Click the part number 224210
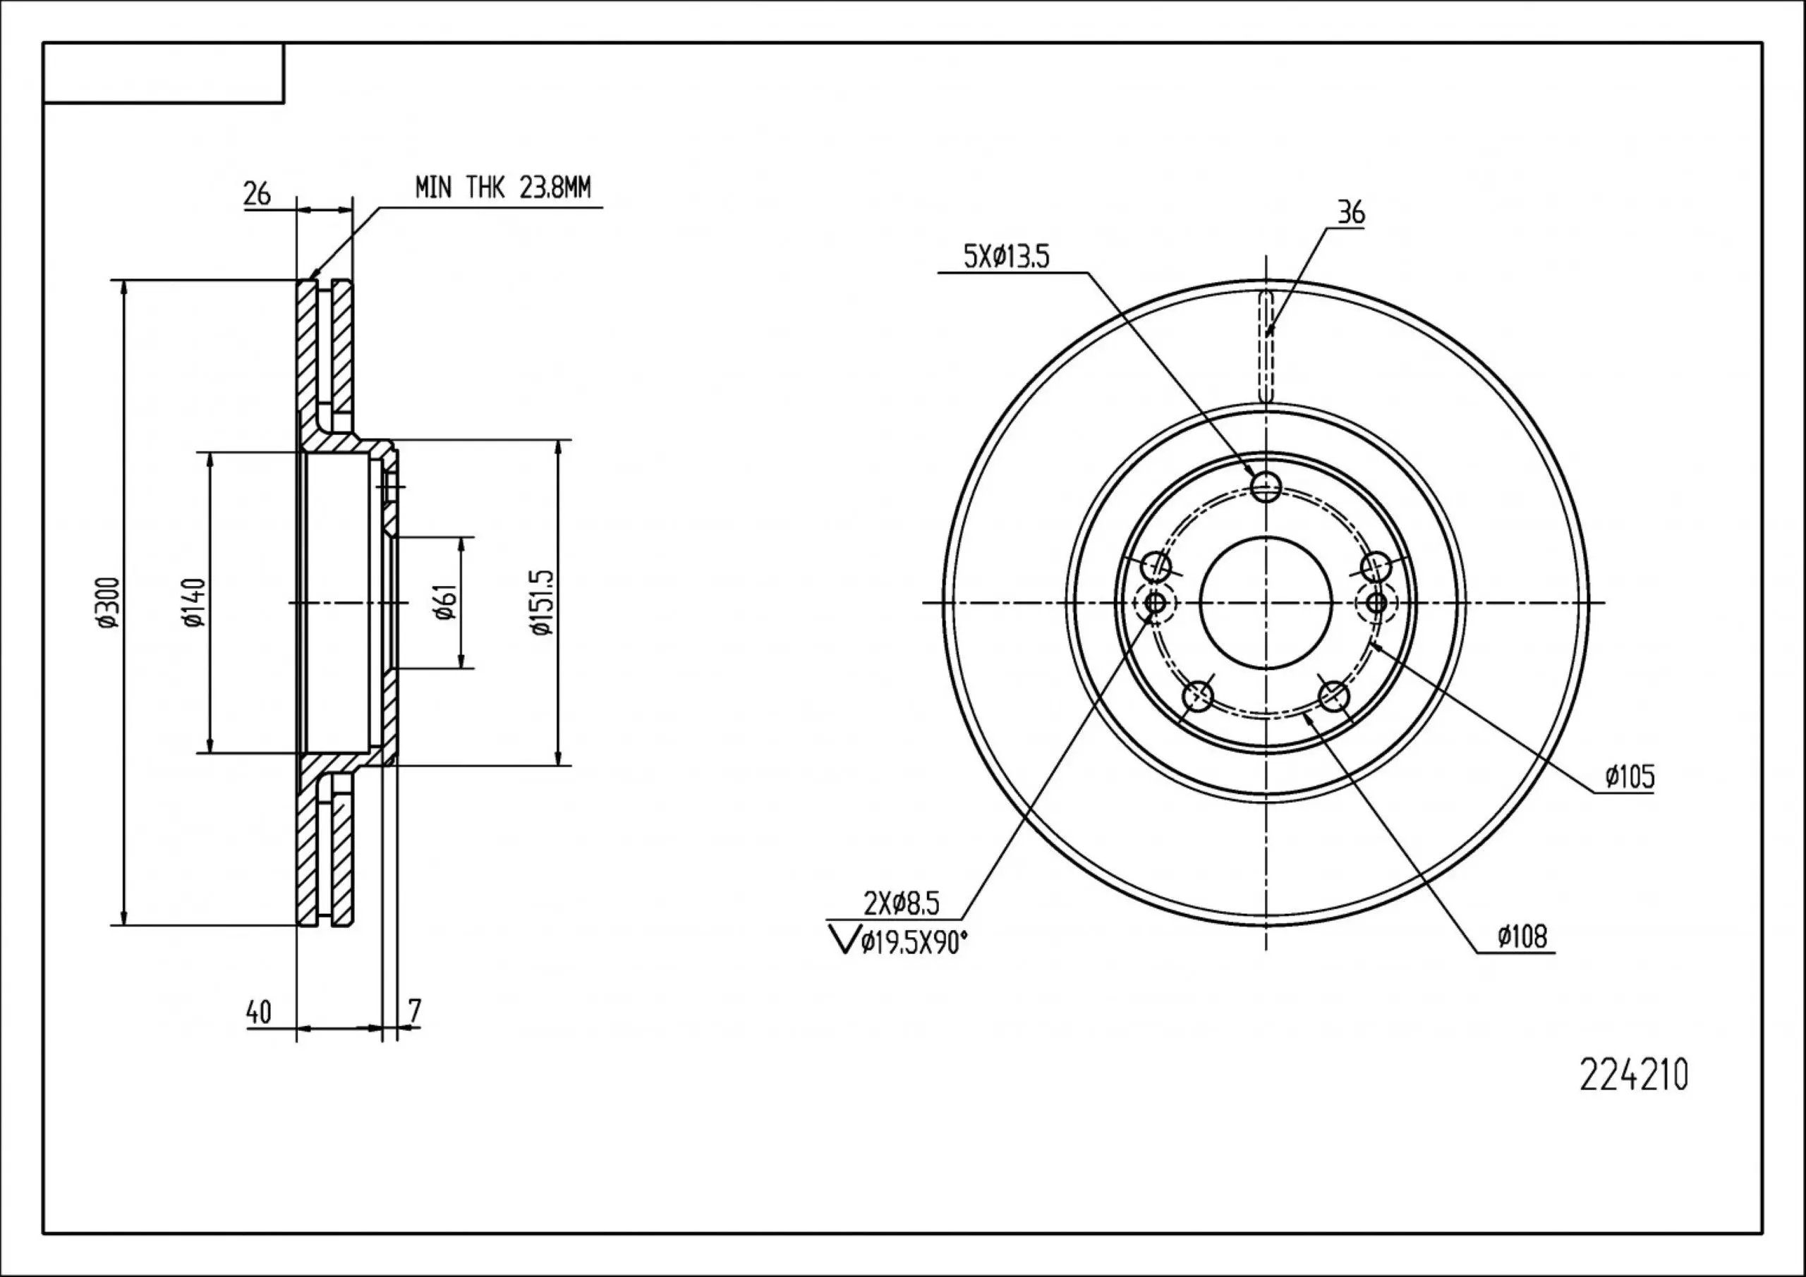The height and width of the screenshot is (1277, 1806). click(1633, 1075)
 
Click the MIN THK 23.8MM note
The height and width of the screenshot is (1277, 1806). click(502, 188)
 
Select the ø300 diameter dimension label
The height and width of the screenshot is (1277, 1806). click(108, 602)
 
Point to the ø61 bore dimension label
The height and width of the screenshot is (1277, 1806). click(445, 602)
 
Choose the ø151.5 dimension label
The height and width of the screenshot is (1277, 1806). click(543, 602)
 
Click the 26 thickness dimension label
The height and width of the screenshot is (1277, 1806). click(256, 193)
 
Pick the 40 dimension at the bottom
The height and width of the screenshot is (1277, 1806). click(258, 1012)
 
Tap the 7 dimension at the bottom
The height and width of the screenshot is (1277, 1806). click(416, 1012)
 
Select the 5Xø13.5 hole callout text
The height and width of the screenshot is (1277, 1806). click(1006, 257)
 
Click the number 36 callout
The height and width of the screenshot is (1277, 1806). click(1352, 212)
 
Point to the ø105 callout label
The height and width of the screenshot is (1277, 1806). click(1630, 777)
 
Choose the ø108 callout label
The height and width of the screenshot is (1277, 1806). click(1522, 936)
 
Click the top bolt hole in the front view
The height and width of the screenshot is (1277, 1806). click(1266, 487)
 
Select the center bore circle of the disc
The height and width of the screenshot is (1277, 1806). click(1266, 603)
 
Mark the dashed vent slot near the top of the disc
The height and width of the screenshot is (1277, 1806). click(1266, 347)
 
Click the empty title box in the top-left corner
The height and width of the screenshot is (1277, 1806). click(164, 73)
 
